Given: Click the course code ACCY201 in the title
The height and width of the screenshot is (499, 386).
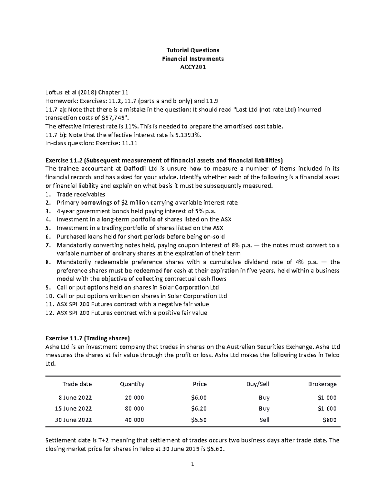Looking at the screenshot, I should pos(193,67).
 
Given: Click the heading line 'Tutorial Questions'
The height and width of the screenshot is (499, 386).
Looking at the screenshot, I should pos(193,50).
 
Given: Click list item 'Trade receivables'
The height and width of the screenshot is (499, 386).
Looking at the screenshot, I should pos(81,194).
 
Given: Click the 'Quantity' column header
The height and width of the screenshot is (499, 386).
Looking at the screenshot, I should pos(132,384).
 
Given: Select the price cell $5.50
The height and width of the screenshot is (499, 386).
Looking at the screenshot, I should pos(198,420).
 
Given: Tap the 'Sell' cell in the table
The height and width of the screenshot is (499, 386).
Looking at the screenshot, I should pos(264,420).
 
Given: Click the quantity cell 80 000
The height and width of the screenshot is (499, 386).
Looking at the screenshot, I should pos(134,409).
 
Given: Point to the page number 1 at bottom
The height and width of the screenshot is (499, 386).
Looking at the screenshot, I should pos(192,464).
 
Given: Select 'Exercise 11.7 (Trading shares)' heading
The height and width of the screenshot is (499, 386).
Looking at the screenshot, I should pos(87,338).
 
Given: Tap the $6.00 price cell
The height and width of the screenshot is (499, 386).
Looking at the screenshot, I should pos(198,398).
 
